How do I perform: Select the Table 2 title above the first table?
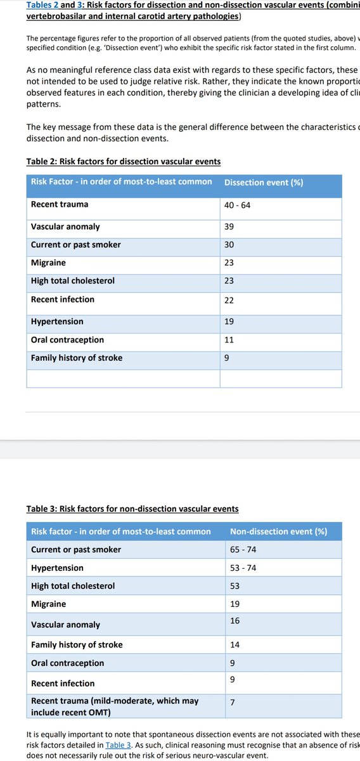point(124,161)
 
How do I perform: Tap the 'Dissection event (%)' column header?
point(263,183)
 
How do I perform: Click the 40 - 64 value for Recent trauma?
point(237,205)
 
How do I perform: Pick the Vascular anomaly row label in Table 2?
point(65,226)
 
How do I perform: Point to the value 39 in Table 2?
point(229,227)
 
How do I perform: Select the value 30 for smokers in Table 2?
point(229,245)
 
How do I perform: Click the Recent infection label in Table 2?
point(63,299)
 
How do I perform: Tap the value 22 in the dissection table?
point(229,301)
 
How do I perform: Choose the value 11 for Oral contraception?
point(229,340)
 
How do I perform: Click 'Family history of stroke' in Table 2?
point(77,358)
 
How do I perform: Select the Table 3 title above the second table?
point(132,509)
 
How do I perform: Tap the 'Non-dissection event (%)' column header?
point(278,531)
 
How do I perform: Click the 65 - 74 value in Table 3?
point(243,549)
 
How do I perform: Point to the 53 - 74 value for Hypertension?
point(243,568)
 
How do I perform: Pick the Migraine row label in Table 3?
point(48,604)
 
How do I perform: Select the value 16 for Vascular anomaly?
point(235,621)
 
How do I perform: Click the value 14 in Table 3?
point(235,645)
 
